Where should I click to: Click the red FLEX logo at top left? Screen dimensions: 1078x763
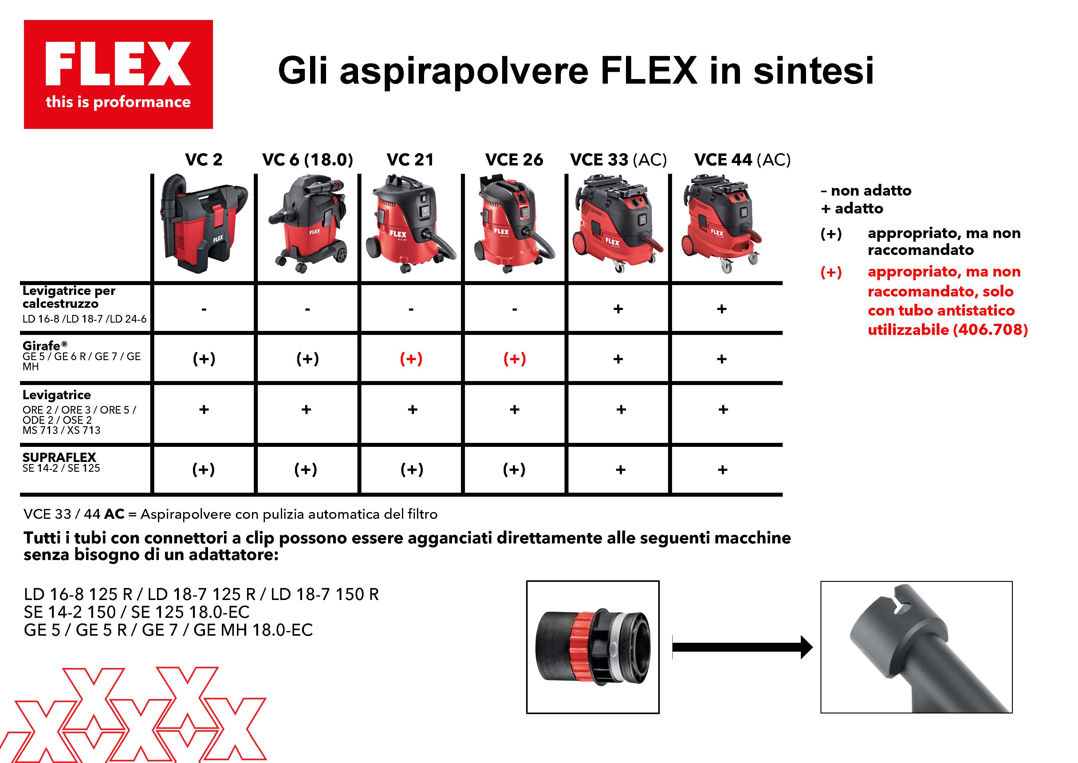click(118, 74)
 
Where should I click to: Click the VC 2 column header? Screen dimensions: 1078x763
click(203, 160)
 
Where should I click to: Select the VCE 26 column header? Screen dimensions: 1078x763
click(514, 160)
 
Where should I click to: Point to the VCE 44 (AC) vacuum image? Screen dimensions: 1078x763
click(721, 224)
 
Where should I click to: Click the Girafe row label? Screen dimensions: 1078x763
click(82, 356)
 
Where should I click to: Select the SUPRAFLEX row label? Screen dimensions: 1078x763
click(61, 462)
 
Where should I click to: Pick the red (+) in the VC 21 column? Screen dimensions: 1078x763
click(411, 359)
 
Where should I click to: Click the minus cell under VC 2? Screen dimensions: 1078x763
click(204, 309)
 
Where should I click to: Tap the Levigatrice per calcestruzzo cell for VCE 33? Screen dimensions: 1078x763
click(618, 309)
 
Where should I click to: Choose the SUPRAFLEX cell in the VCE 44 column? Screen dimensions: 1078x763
click(722, 469)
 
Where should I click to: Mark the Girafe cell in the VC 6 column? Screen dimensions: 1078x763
click(308, 359)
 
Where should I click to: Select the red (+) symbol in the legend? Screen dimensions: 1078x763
click(831, 272)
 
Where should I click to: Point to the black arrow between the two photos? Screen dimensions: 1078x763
click(742, 647)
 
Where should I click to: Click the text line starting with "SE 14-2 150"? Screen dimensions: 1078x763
click(137, 612)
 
